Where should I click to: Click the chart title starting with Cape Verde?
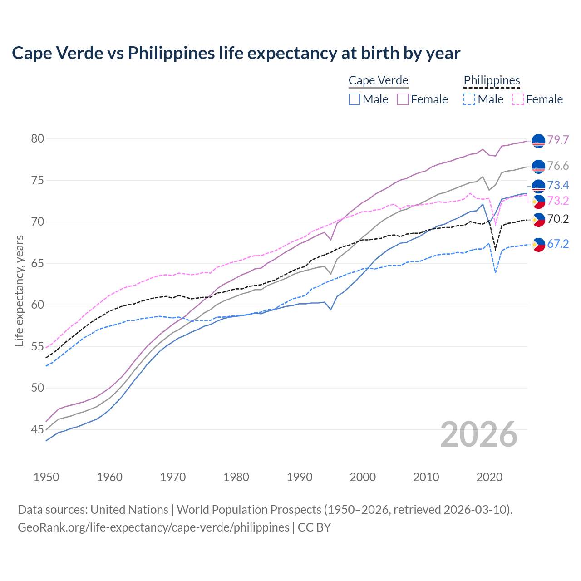pyautogui.click(x=236, y=53)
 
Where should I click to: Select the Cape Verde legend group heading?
pyautogui.click(x=378, y=80)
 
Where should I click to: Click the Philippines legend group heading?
pyautogui.click(x=492, y=80)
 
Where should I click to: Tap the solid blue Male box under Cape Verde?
pyautogui.click(x=355, y=99)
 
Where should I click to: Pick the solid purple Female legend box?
pyautogui.click(x=403, y=99)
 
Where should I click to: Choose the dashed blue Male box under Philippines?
pyautogui.click(x=469, y=99)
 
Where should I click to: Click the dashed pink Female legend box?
pyautogui.click(x=518, y=99)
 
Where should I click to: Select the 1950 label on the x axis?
pyautogui.click(x=46, y=477)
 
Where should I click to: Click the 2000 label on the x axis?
pyautogui.click(x=363, y=477)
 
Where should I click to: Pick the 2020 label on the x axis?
pyautogui.click(x=489, y=477)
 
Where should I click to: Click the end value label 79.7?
pyautogui.click(x=558, y=140)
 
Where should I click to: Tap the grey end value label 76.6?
pyautogui.click(x=558, y=166)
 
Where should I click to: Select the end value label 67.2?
pyautogui.click(x=558, y=244)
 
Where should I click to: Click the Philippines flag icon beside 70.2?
pyautogui.click(x=538, y=220)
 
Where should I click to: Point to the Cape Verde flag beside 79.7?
pyautogui.click(x=538, y=141)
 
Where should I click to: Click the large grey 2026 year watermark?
pyautogui.click(x=479, y=434)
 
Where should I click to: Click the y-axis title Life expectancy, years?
pyautogui.click(x=20, y=290)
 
